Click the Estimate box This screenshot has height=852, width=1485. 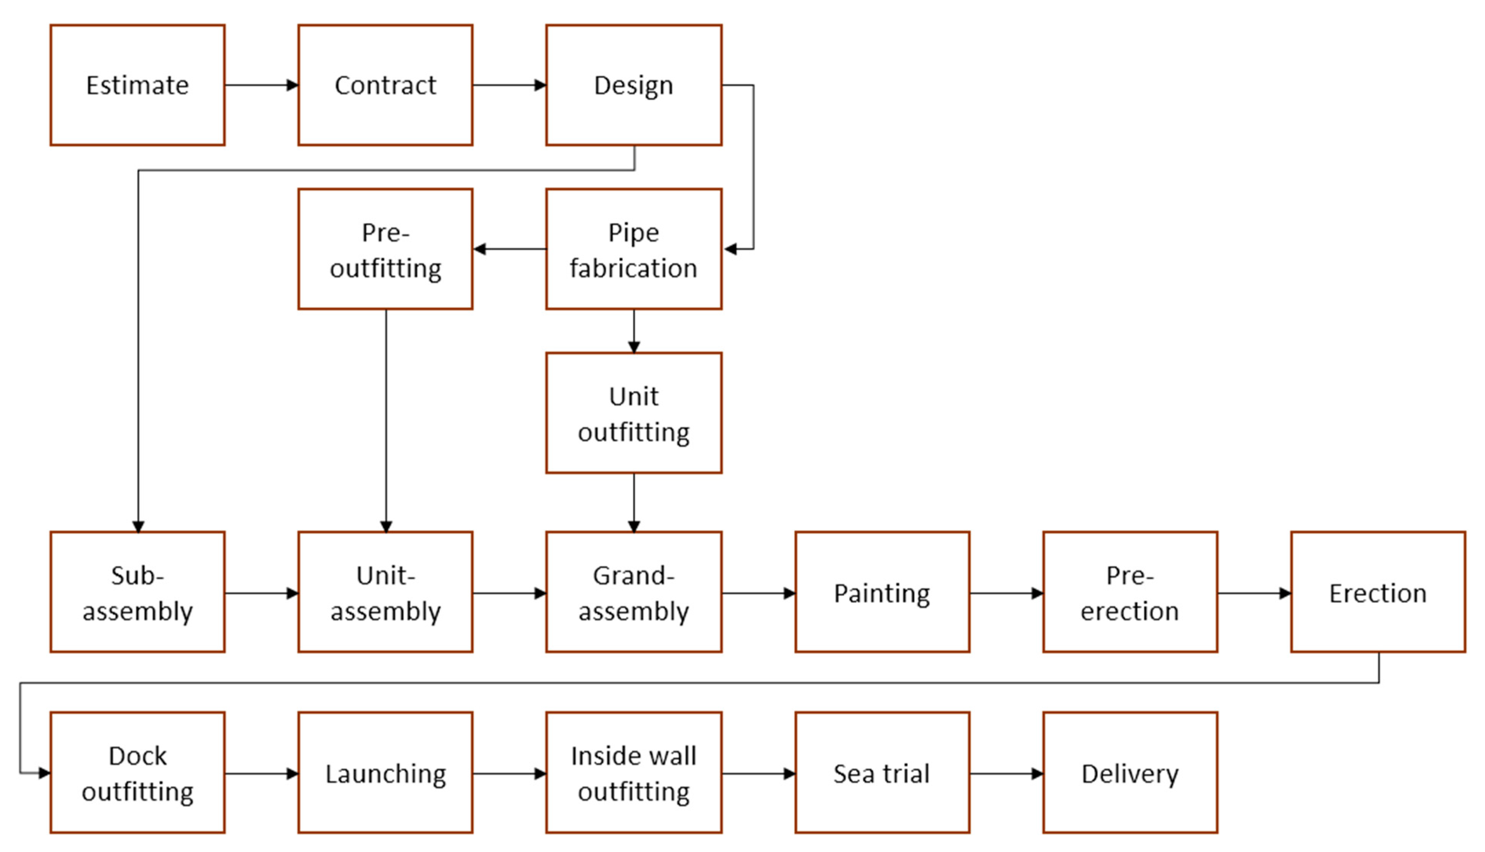[x=137, y=85]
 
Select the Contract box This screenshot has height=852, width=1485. [x=386, y=85]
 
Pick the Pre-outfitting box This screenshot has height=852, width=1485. [x=386, y=250]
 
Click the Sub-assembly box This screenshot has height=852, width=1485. [x=137, y=593]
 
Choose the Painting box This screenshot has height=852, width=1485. [x=882, y=593]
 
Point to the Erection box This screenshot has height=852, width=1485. [x=1378, y=593]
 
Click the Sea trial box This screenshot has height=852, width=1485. [x=882, y=773]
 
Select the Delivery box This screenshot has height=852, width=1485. [x=1130, y=773]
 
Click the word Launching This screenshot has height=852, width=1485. [x=386, y=774]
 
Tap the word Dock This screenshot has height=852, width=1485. [x=137, y=756]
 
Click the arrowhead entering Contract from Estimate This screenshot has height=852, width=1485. [x=292, y=86]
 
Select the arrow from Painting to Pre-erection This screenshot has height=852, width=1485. [x=1006, y=593]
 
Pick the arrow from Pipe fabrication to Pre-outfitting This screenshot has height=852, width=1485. [x=509, y=249]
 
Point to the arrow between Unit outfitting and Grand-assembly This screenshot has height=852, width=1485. [x=634, y=502]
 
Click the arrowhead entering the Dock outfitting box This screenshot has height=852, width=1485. [x=44, y=773]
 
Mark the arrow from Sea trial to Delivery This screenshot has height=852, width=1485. [x=1006, y=774]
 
